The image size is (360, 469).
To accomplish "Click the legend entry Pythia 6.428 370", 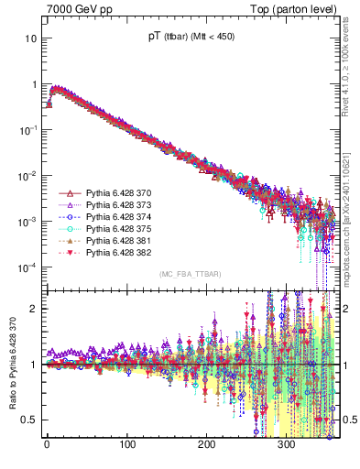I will click(x=113, y=194).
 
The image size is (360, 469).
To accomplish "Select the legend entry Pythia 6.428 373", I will click(x=113, y=206).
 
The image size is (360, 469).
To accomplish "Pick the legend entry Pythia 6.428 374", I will click(x=113, y=217).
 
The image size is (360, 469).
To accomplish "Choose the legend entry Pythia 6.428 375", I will click(x=113, y=229).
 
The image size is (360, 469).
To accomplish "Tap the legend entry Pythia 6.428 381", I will click(x=113, y=241).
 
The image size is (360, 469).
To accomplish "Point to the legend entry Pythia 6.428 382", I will click(x=113, y=252).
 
